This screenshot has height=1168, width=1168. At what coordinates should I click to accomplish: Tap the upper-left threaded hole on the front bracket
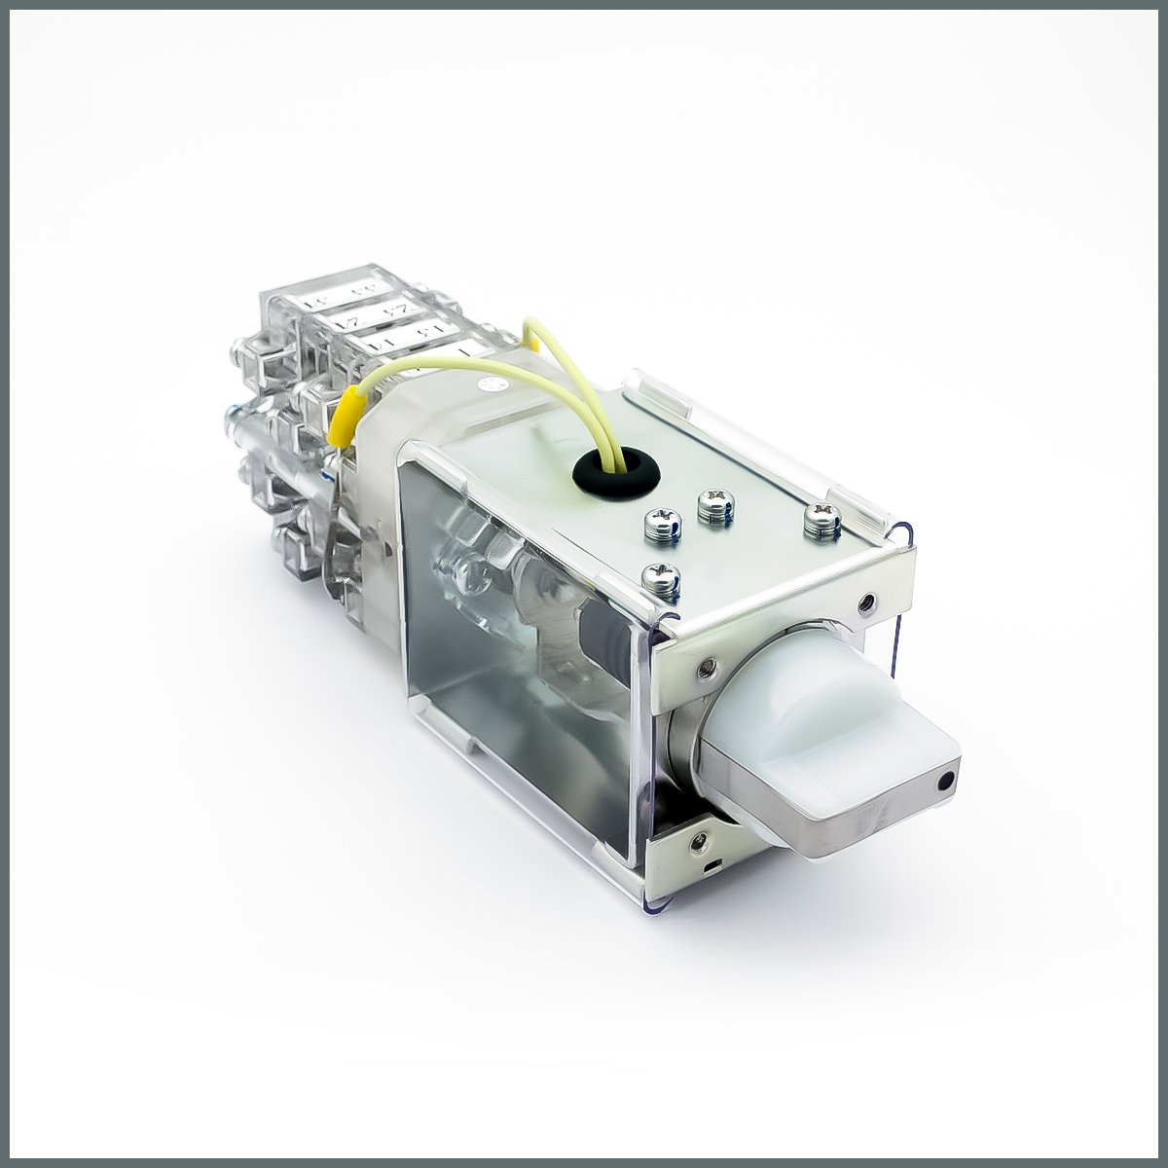[x=703, y=668]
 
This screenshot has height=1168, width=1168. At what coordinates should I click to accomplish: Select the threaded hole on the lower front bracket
[x=697, y=834]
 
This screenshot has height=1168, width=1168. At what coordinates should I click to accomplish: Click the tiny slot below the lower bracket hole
[x=715, y=863]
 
